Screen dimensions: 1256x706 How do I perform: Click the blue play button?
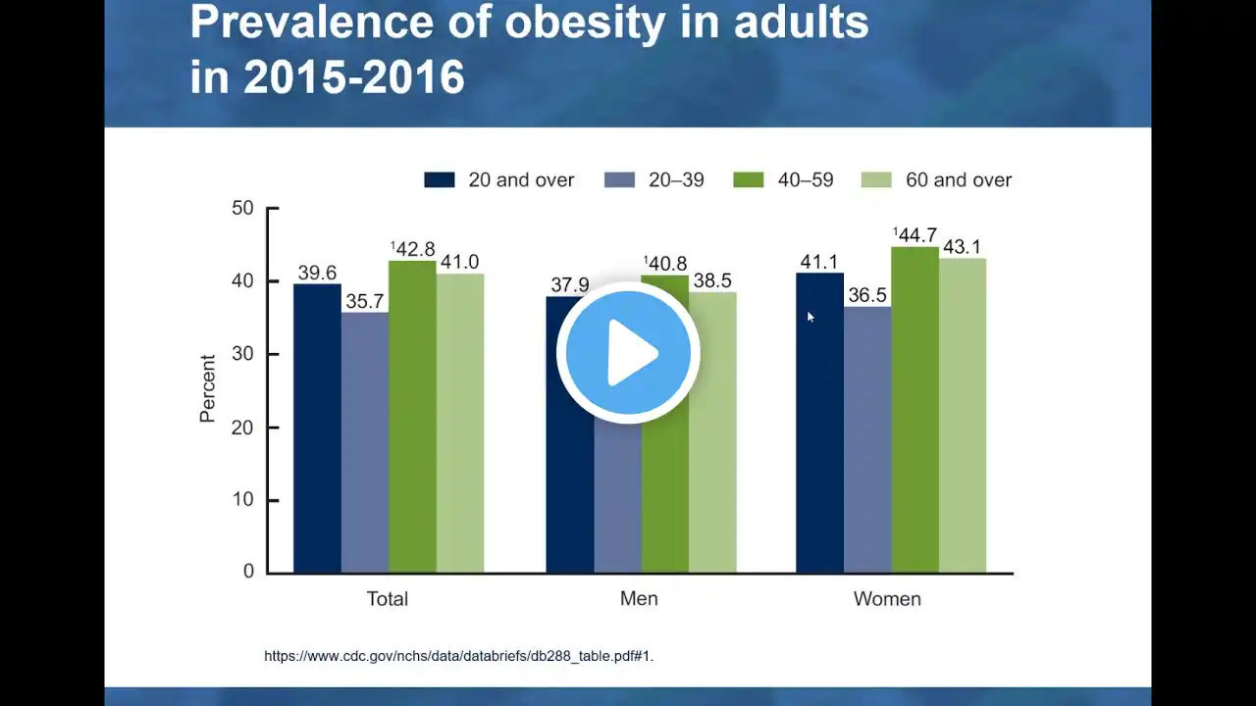[x=628, y=353]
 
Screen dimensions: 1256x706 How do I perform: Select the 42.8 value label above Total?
[x=413, y=249]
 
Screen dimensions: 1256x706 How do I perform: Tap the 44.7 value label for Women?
[x=916, y=234]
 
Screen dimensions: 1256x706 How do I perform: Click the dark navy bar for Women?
[x=819, y=423]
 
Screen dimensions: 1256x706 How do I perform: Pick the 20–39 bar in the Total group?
[x=364, y=442]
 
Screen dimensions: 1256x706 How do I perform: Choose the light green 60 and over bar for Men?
[x=712, y=432]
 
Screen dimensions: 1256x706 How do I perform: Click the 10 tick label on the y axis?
[x=242, y=500]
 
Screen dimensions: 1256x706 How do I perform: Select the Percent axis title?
[x=207, y=388]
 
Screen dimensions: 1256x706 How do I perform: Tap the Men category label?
[x=639, y=598]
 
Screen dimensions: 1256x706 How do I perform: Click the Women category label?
[x=887, y=599]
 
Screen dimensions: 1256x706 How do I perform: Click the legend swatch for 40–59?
[x=749, y=179]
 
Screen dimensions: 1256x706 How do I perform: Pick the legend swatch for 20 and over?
[x=440, y=179]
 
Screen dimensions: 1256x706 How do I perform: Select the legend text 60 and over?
[x=959, y=179]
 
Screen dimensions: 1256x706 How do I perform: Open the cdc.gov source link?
[x=458, y=656]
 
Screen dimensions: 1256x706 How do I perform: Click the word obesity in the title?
[x=585, y=24]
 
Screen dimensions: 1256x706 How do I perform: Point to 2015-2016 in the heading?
[x=354, y=76]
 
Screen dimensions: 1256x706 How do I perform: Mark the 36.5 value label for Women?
[x=867, y=295]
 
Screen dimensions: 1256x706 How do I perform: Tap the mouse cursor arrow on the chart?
[x=811, y=317]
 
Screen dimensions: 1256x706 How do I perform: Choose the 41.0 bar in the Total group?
[x=460, y=424]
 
